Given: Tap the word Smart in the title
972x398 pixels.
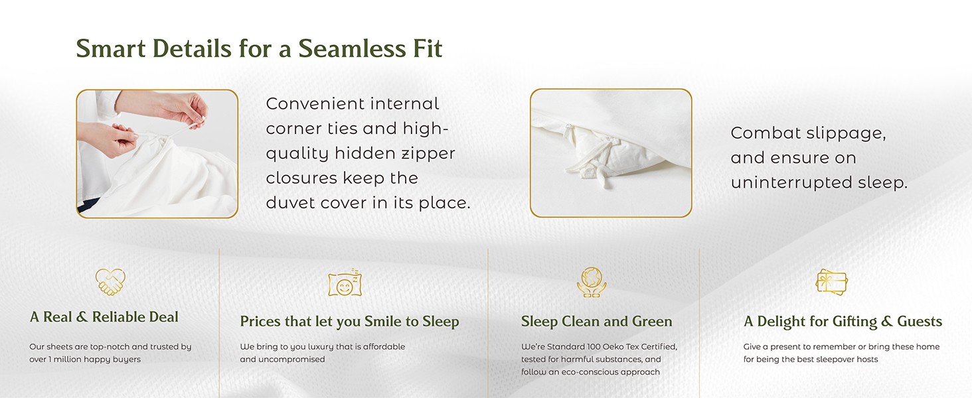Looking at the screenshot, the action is click(x=111, y=48).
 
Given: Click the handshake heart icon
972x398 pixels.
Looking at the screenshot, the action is click(x=110, y=282).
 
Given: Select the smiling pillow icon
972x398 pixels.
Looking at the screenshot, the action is click(x=345, y=283).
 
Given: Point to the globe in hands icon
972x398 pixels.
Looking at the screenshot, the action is click(x=592, y=282).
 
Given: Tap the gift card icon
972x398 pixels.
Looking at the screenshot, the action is click(x=831, y=282).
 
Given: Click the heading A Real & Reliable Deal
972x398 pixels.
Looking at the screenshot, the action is click(x=104, y=317).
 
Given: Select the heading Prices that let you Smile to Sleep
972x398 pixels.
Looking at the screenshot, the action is click(x=350, y=322).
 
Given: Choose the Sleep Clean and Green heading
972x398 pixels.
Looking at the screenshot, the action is click(x=597, y=321).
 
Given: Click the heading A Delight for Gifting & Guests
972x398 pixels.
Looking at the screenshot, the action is click(x=843, y=321).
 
